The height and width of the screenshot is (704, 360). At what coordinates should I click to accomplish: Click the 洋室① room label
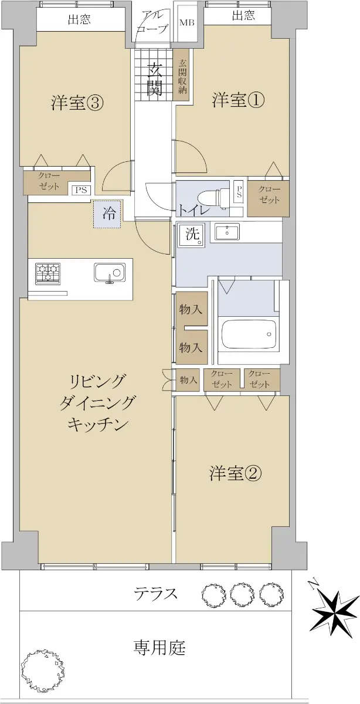tap(238, 100)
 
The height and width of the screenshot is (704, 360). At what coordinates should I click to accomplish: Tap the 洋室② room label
tap(235, 473)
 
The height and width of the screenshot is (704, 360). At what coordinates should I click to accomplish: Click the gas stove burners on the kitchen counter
tap(47, 274)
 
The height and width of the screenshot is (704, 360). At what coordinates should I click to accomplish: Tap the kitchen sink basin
tap(109, 273)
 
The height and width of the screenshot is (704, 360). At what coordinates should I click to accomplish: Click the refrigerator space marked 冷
tap(107, 214)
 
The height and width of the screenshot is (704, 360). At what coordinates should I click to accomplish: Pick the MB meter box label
tap(187, 23)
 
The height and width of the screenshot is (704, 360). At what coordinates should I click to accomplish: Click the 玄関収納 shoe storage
tap(182, 75)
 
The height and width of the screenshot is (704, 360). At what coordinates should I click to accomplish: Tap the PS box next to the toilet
tap(239, 192)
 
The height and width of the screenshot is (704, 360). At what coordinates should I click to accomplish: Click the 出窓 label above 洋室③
tap(80, 20)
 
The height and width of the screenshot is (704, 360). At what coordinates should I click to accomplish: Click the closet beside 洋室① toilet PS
tap(268, 197)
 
